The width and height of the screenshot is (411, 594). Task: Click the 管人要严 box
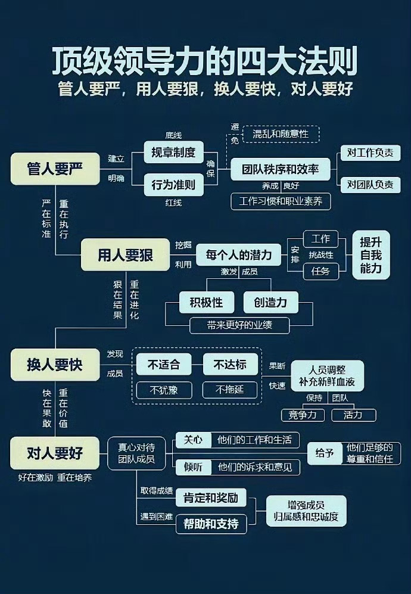(55, 169)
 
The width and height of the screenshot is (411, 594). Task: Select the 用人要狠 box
(125, 254)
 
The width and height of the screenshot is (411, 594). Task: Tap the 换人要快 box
(55, 365)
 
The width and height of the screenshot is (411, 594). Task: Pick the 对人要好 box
(55, 453)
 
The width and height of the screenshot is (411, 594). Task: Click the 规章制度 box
(173, 152)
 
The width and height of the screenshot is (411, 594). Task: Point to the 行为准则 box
(173, 185)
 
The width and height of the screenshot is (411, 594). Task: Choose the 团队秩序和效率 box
(280, 169)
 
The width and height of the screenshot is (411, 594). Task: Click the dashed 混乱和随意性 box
(280, 134)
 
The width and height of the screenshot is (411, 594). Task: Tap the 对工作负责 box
(370, 153)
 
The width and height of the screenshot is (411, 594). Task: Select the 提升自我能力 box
(370, 255)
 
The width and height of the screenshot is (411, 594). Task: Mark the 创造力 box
(270, 302)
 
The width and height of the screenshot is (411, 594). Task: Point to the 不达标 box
(230, 364)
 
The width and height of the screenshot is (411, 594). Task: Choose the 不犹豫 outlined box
(164, 390)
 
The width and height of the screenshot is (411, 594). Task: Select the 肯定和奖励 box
(211, 497)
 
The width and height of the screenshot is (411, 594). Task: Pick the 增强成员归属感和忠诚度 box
(306, 511)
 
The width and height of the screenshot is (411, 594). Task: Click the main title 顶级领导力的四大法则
(205, 61)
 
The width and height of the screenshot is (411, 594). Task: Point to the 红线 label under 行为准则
(173, 203)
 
